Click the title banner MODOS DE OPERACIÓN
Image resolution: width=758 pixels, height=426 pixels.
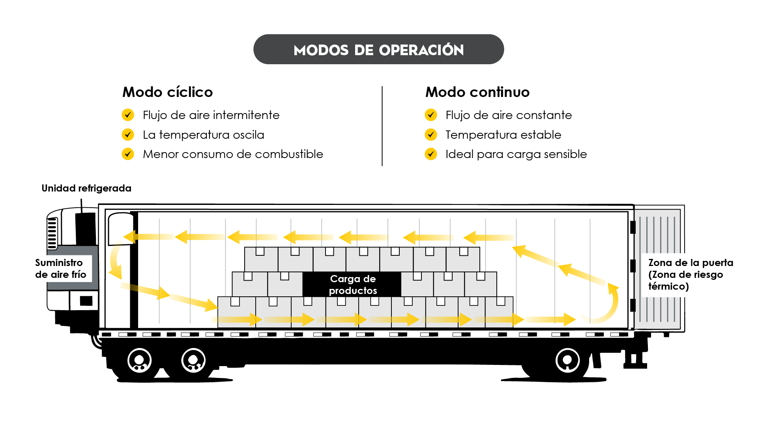tap(378, 50)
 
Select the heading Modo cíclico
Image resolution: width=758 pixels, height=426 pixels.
tap(167, 92)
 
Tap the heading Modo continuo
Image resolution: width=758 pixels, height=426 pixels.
tap(477, 92)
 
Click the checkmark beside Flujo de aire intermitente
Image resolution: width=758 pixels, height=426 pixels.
tap(128, 115)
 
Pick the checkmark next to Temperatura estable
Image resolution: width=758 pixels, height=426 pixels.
tap(431, 135)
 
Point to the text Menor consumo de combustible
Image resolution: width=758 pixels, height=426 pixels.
tap(233, 154)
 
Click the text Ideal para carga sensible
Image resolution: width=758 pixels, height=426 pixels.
tap(516, 154)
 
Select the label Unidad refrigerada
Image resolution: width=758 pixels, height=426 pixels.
tap(86, 188)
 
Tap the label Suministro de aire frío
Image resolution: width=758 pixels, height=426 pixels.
tap(60, 268)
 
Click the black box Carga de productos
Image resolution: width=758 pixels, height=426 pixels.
tap(352, 284)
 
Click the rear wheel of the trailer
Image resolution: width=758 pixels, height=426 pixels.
tap(567, 360)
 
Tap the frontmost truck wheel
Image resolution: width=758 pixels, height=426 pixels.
tap(139, 360)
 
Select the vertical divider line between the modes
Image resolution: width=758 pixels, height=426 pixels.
tap(382, 126)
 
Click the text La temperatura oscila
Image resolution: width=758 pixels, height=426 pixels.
tap(203, 135)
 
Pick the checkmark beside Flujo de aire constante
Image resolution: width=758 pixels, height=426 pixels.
tap(431, 115)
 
